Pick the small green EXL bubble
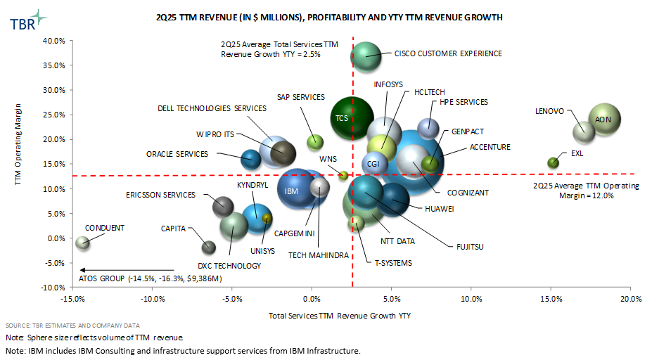pos(554,162)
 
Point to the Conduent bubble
pos(83,242)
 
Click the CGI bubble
pos(374,163)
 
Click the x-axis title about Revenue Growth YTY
pos(340,316)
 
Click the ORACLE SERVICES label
pos(177,154)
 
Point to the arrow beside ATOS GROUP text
pos(127,270)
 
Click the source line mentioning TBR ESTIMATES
pos(72,326)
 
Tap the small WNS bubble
pos(343,175)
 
